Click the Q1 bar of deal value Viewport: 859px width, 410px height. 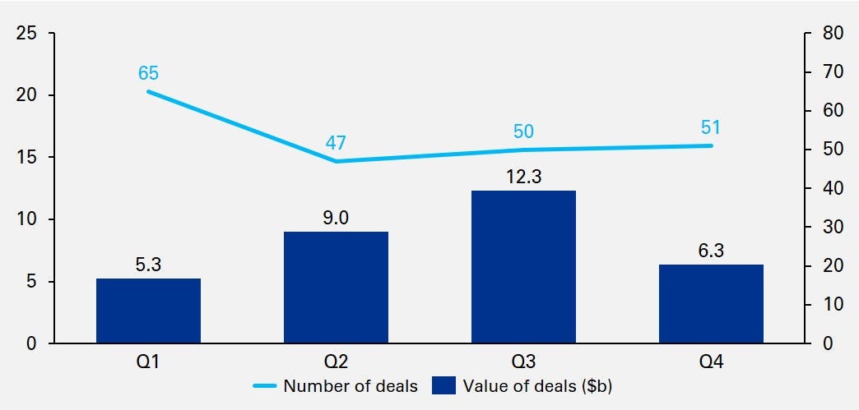click(148, 311)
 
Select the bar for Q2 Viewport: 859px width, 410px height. click(336, 288)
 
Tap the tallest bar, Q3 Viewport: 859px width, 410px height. click(523, 267)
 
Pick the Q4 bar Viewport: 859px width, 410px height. click(711, 304)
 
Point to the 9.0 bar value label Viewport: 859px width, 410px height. click(336, 219)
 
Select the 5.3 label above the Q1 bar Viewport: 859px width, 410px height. click(148, 265)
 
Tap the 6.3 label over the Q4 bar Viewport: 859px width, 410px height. click(711, 251)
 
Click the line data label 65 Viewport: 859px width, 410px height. click(148, 73)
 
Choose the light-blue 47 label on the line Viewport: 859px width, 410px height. click(336, 142)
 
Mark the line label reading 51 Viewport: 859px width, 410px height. click(711, 127)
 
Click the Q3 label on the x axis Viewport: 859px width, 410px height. click(523, 362)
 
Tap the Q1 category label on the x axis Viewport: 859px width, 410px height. click(148, 362)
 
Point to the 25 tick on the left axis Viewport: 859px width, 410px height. click(28, 34)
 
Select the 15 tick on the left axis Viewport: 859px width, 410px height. click(28, 158)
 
